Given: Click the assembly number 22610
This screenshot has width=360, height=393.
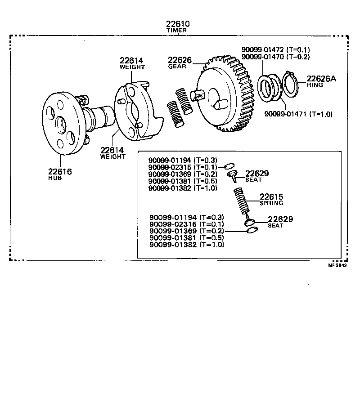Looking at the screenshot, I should [177, 24].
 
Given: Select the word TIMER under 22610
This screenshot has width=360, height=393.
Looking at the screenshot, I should [177, 31].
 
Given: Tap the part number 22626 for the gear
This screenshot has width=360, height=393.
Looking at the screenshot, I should [180, 60].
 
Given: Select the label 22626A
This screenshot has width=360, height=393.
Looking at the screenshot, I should [321, 79].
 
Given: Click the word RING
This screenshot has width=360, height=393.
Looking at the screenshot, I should [315, 85].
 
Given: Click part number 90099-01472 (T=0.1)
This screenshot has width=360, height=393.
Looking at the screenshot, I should [275, 50].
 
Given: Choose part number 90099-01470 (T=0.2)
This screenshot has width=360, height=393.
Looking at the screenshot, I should [275, 57].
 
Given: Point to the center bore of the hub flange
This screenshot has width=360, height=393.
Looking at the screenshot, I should [60, 122].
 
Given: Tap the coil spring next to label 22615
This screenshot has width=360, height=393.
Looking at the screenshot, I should [242, 201].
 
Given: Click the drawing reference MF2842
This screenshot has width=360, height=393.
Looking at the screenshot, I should [337, 265].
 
